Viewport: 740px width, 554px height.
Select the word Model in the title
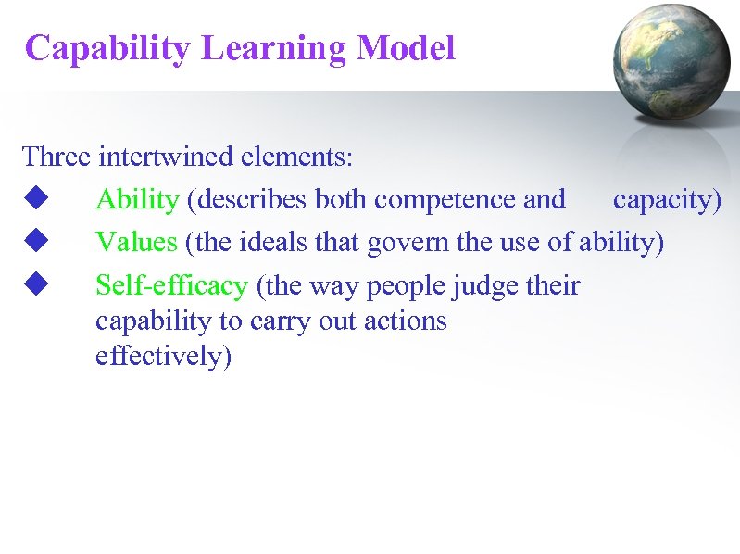406,48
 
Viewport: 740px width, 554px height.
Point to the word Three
56,156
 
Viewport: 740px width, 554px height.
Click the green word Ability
136,199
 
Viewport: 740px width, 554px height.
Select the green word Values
136,242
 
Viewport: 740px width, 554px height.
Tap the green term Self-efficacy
171,285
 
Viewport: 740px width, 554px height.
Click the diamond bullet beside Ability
36,198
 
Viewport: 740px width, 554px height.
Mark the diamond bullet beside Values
36,241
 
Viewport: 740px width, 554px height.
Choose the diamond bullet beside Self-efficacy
36,284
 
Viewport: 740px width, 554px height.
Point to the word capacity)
667,199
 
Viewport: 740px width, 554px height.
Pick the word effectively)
163,357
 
